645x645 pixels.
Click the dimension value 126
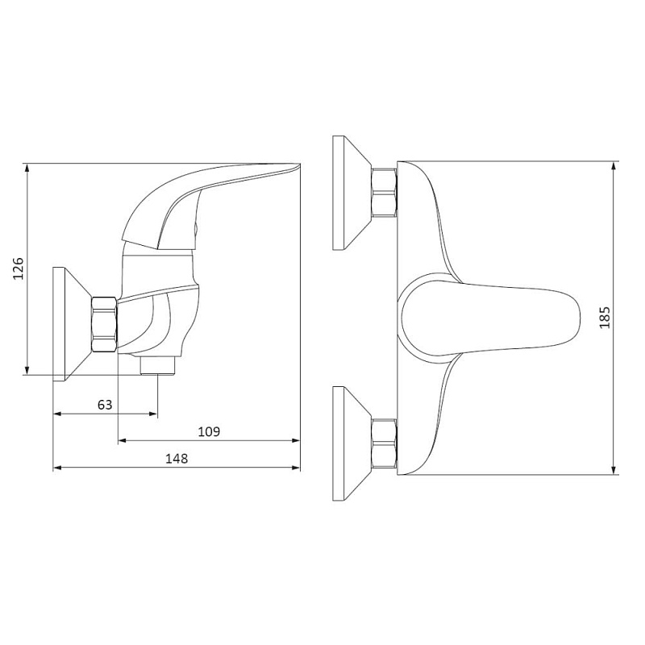(19, 268)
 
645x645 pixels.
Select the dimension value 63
(105, 405)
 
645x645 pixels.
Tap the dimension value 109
(209, 432)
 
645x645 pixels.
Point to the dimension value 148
(177, 459)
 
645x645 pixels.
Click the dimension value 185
(605, 317)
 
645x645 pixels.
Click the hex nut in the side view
(105, 325)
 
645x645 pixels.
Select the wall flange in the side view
(73, 324)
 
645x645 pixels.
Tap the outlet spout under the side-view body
(157, 365)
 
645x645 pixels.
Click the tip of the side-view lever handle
(298, 165)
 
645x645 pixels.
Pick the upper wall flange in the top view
(352, 193)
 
